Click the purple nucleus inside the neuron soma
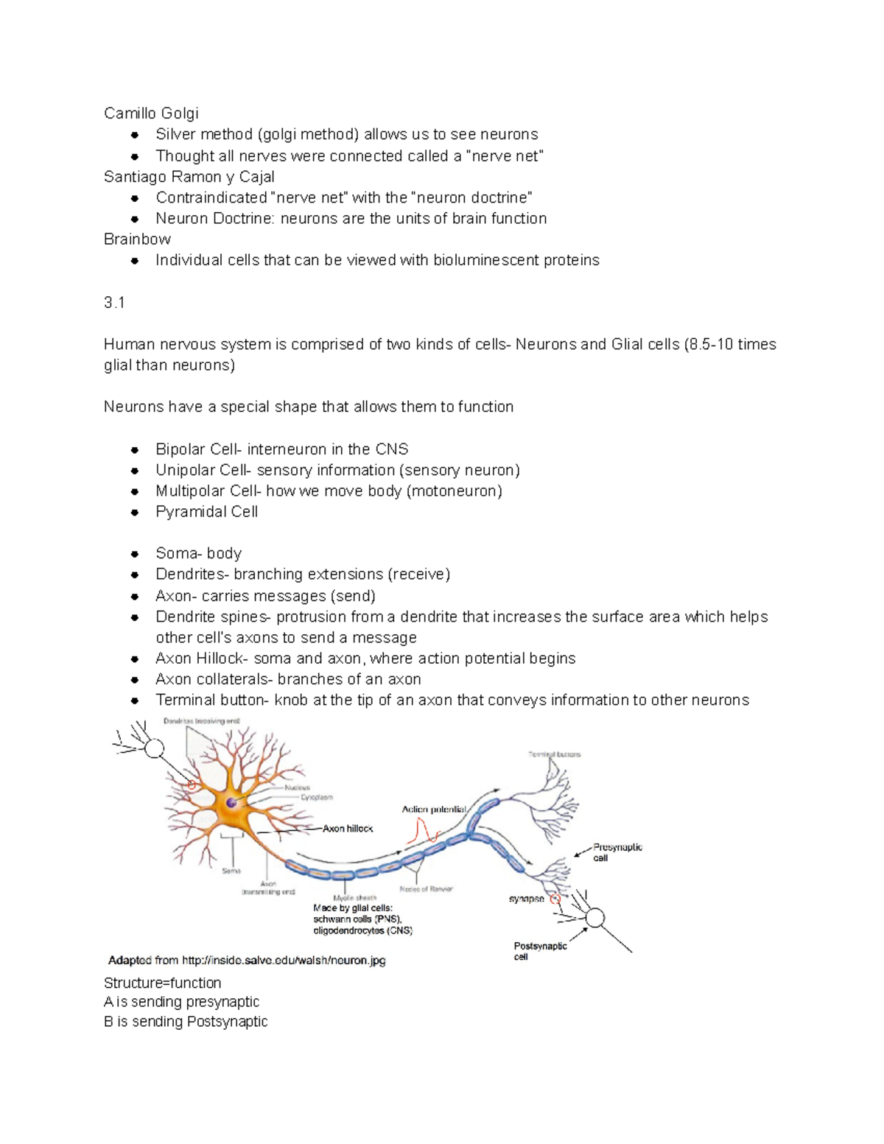(232, 802)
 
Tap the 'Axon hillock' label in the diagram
(348, 829)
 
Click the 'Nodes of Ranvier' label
(426, 889)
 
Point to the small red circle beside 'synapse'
(555, 899)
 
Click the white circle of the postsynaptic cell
(594, 918)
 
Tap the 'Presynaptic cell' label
(617, 852)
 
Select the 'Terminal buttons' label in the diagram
(554, 754)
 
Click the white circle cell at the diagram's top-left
(154, 748)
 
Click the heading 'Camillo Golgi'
(151, 113)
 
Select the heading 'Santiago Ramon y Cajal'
(189, 177)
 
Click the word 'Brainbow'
(137, 239)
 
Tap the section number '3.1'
(114, 303)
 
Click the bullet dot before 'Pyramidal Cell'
(135, 512)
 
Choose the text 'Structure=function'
(162, 983)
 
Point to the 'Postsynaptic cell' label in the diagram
(540, 951)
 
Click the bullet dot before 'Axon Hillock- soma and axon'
(135, 659)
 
